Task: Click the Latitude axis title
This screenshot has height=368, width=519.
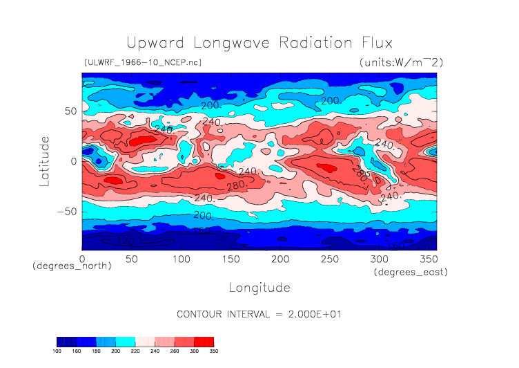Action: click(45, 160)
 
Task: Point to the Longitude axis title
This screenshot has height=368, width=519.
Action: click(259, 287)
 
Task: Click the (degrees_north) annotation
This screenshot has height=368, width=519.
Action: click(72, 266)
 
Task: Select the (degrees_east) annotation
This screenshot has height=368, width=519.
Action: click(411, 273)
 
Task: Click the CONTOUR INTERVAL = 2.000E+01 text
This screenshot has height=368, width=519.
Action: click(259, 314)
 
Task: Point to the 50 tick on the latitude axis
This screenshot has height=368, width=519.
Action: click(69, 111)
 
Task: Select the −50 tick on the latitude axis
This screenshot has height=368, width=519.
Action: click(66, 212)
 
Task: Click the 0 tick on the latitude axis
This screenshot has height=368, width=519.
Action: click(72, 161)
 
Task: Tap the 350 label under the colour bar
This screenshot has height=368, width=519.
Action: click(213, 351)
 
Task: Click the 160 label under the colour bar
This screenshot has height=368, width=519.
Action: click(77, 351)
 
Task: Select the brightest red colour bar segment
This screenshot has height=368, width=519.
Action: click(204, 342)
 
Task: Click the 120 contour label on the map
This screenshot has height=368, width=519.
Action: click(125, 241)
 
